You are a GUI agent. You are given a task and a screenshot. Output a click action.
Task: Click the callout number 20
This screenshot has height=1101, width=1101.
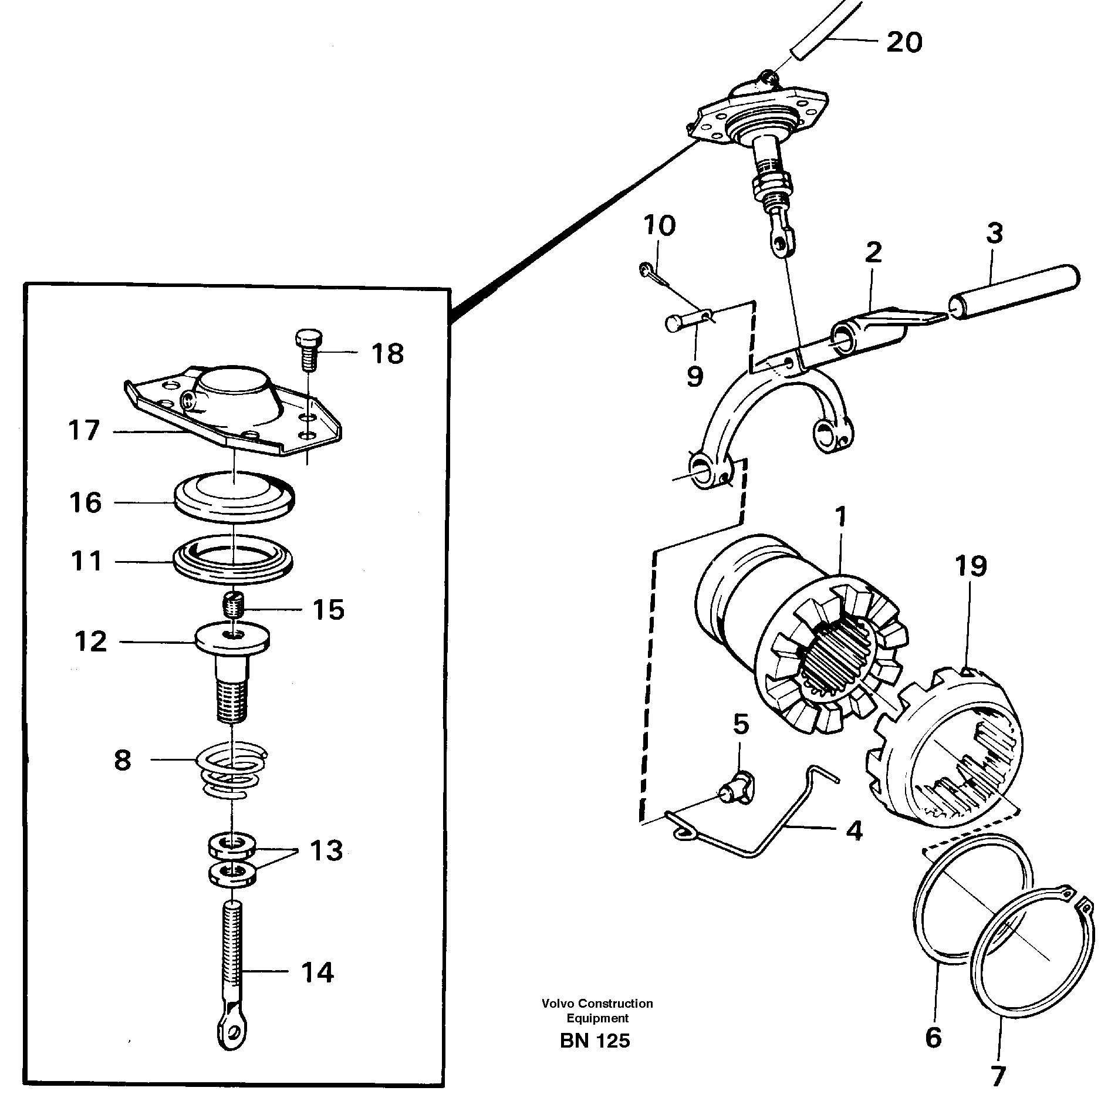(x=904, y=42)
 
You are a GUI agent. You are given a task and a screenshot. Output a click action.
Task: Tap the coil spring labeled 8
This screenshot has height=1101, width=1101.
(x=233, y=772)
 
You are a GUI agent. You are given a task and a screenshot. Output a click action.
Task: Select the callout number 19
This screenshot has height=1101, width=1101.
(x=970, y=566)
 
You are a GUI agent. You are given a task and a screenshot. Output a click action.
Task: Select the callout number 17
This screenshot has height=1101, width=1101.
(x=85, y=431)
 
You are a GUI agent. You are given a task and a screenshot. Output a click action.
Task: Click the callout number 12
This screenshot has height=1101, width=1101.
(x=91, y=642)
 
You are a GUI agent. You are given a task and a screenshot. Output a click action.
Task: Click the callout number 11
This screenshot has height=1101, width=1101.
(x=87, y=561)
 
